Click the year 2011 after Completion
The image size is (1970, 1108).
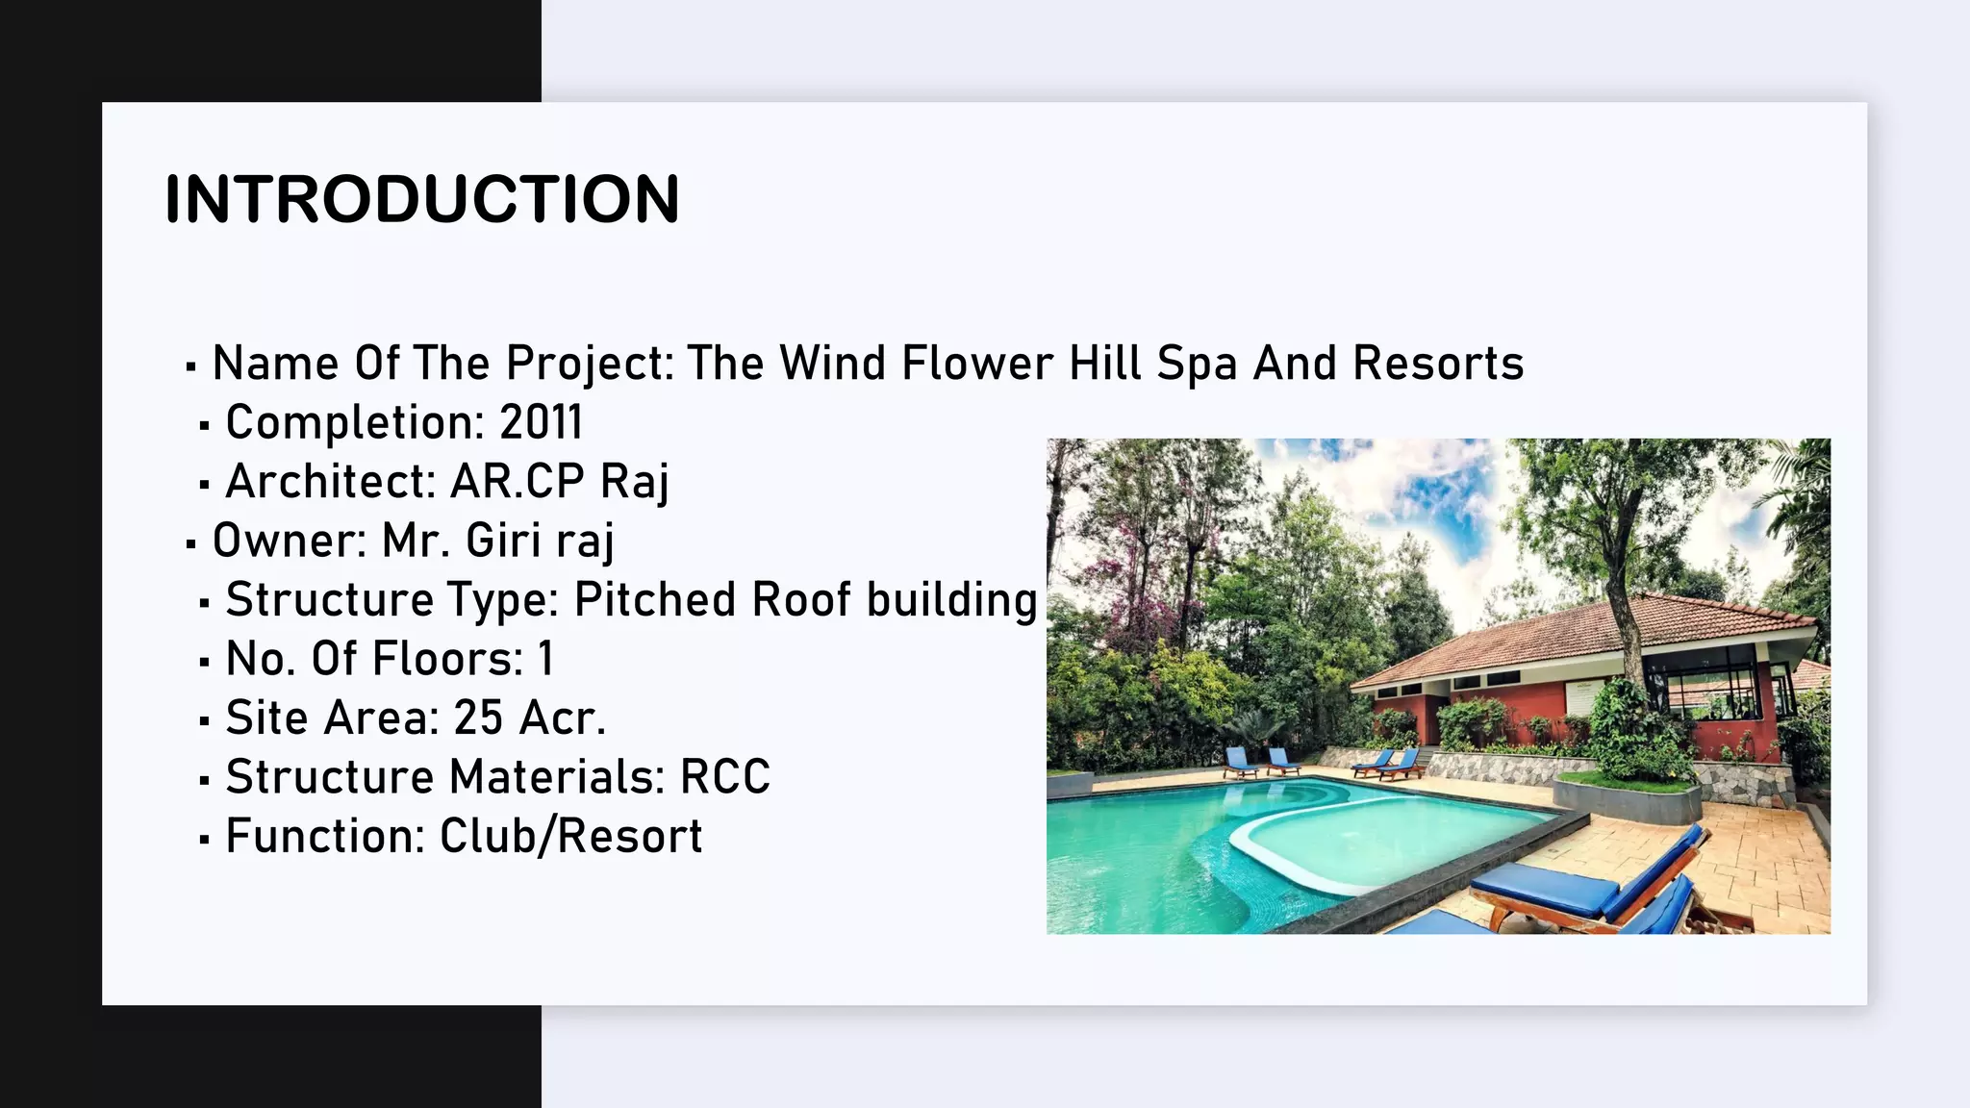[x=541, y=422]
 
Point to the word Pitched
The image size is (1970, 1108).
[x=655, y=599]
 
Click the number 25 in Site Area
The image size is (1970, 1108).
[x=478, y=718]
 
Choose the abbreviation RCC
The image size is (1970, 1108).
[x=724, y=777]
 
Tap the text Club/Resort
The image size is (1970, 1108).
[x=570, y=836]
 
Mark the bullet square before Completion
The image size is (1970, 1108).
[x=204, y=425]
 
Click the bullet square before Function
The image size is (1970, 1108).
[x=204, y=839]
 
